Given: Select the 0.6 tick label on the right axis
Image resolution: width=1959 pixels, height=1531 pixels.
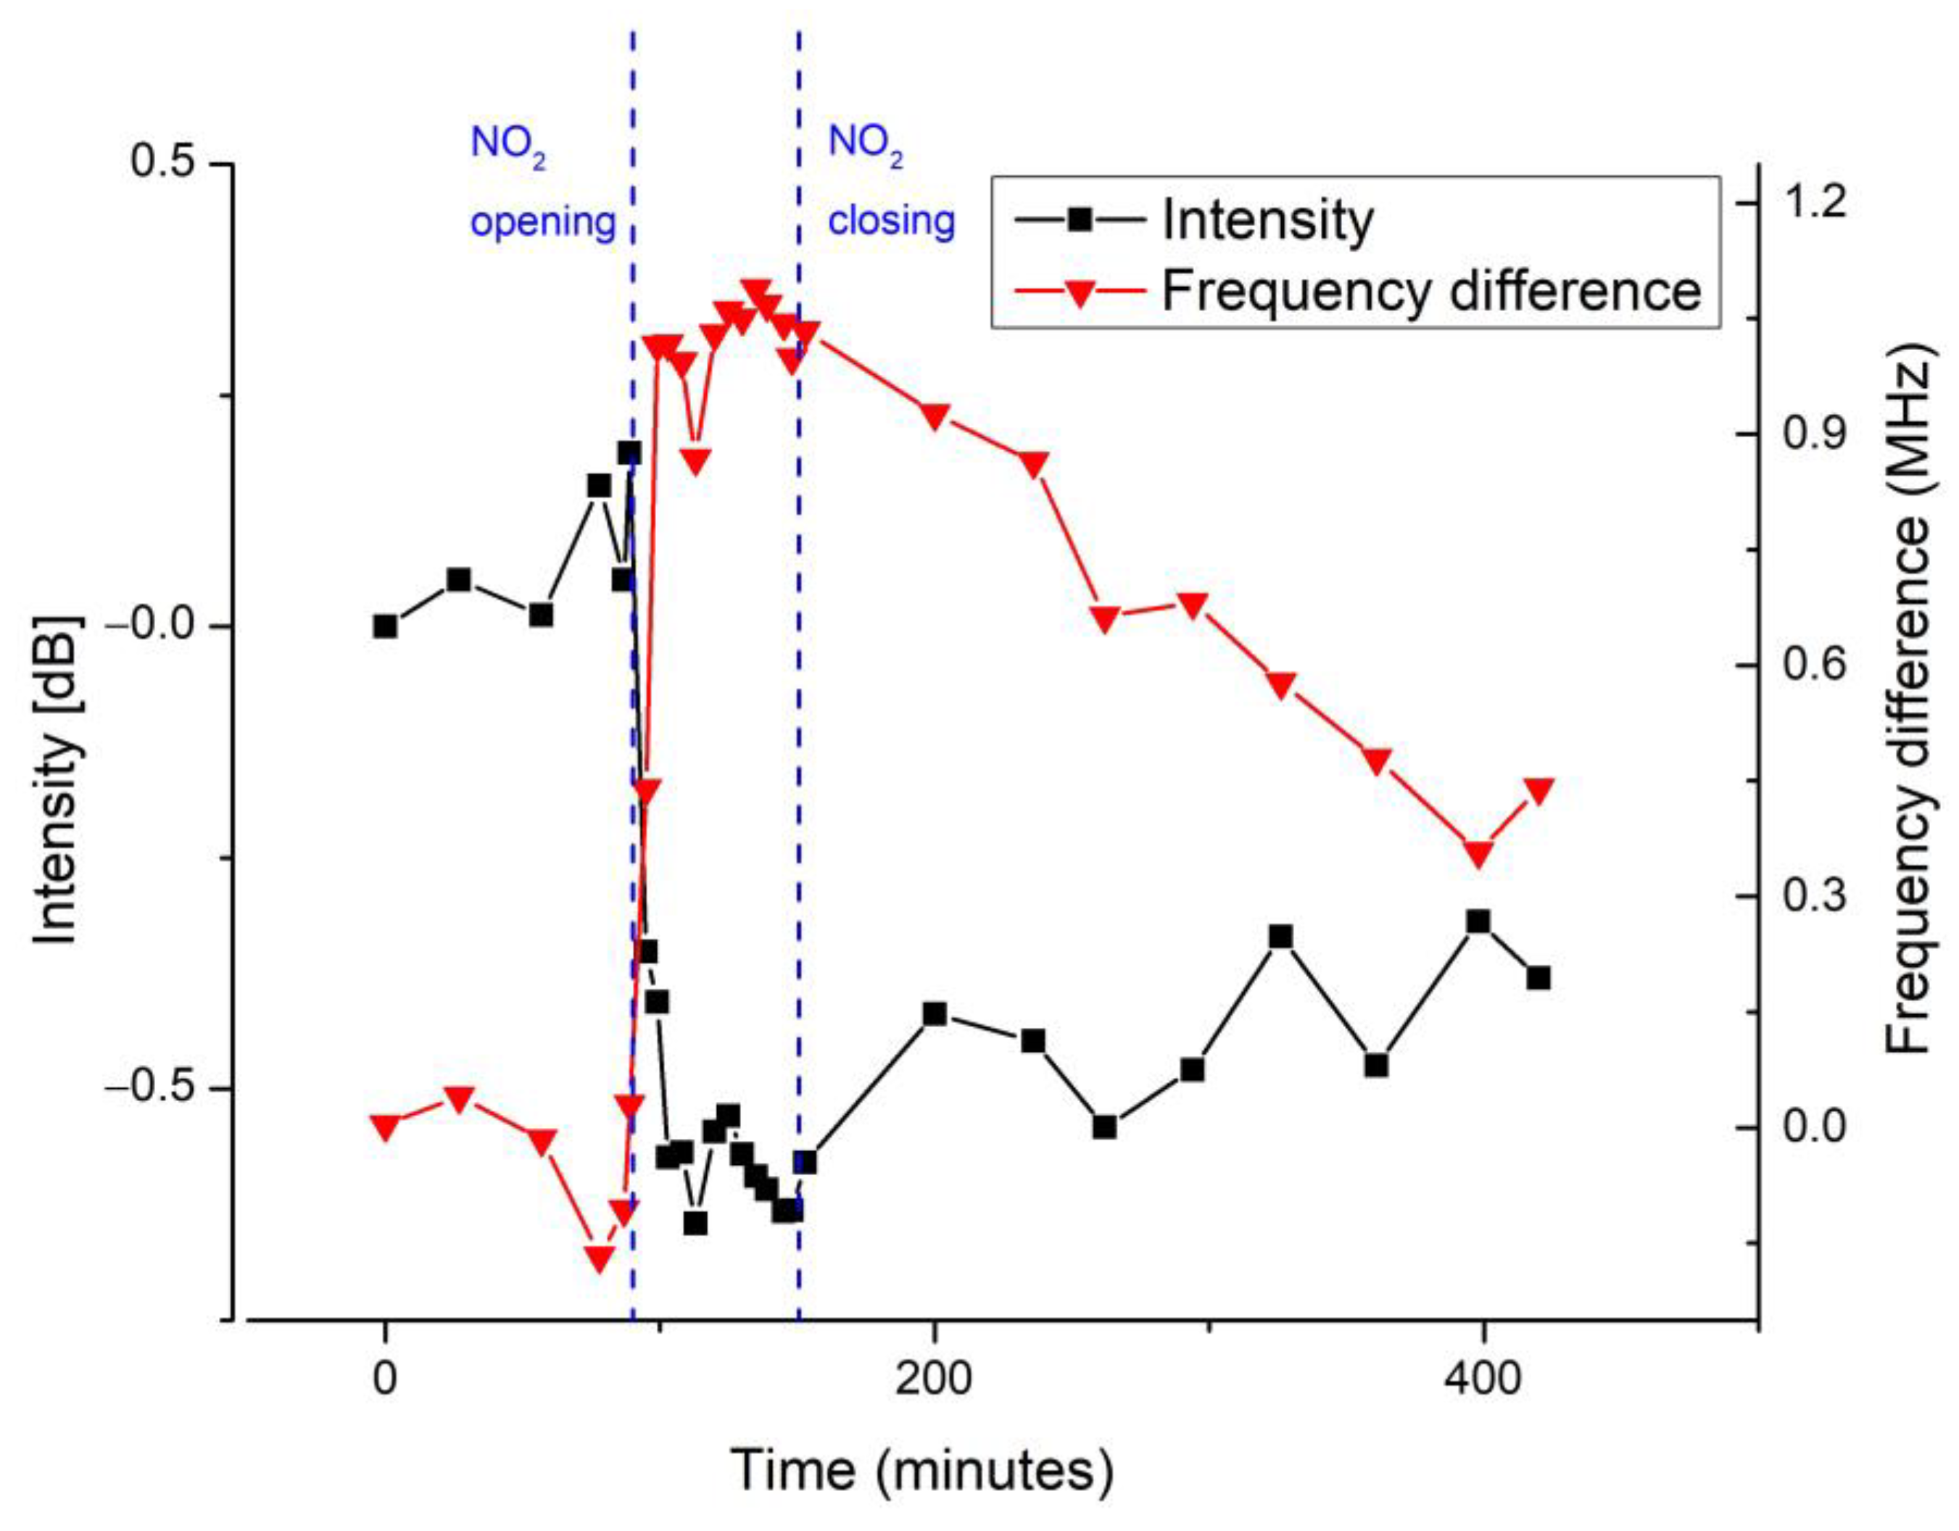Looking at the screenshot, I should click(1815, 665).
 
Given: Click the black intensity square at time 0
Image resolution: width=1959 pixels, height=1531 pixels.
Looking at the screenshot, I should click(385, 626).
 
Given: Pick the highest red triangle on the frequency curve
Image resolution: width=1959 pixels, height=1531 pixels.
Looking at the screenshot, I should click(757, 292).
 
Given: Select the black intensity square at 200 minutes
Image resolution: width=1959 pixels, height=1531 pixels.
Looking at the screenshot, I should click(935, 1013).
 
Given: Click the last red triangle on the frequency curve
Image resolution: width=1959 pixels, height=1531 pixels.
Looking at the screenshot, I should click(1538, 790).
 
